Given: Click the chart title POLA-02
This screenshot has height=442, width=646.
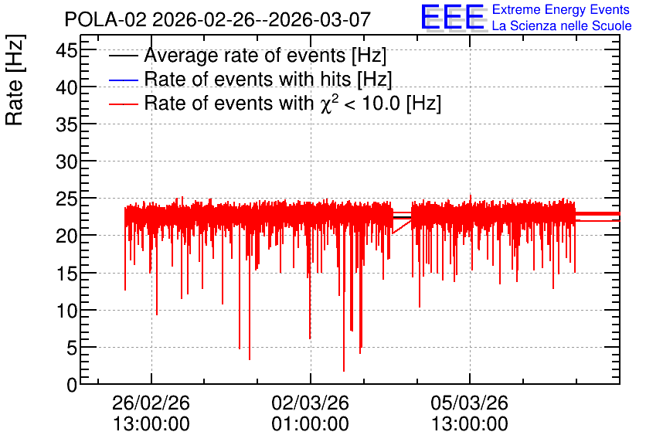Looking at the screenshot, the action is click(x=105, y=19).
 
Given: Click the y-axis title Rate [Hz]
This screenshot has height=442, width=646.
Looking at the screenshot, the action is click(x=15, y=80).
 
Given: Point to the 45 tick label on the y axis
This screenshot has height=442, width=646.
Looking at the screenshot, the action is click(x=66, y=51).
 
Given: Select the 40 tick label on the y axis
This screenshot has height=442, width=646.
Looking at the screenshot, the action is click(x=66, y=87).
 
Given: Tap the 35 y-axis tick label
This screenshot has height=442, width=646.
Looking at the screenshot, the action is click(x=66, y=124).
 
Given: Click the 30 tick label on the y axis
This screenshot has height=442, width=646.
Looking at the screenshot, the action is click(x=66, y=162).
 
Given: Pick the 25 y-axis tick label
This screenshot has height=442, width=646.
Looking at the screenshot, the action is click(x=66, y=199).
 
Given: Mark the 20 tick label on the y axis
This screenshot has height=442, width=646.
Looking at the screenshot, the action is click(x=66, y=236).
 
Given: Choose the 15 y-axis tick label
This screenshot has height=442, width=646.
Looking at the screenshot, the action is click(x=66, y=274).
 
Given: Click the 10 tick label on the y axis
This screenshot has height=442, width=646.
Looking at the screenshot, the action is click(x=66, y=311).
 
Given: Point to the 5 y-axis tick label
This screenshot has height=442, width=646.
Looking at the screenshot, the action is click(x=72, y=348).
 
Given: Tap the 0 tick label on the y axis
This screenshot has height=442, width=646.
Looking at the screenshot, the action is click(x=72, y=385).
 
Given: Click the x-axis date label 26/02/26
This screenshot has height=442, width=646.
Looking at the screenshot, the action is click(x=151, y=403).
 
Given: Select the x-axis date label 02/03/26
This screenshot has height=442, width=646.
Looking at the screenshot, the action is click(x=310, y=403).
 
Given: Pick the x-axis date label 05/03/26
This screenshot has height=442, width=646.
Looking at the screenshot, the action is click(x=470, y=403).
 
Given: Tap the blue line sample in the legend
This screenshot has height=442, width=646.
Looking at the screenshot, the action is click(x=123, y=80).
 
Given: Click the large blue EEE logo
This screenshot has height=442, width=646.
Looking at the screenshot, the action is click(x=453, y=17).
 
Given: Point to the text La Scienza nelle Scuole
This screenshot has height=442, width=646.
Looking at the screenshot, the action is click(x=562, y=26).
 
